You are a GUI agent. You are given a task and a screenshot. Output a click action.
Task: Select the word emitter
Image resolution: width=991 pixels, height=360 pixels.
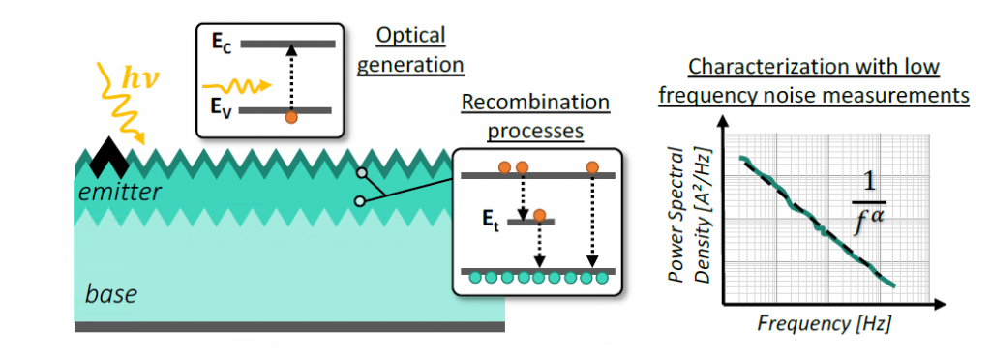pyautogui.click(x=120, y=193)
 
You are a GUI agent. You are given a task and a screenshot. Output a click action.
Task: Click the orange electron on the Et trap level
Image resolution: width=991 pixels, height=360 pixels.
pyautogui.click(x=540, y=215)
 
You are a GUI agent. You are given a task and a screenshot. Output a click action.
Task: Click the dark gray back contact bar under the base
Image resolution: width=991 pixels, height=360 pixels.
pyautogui.click(x=289, y=327)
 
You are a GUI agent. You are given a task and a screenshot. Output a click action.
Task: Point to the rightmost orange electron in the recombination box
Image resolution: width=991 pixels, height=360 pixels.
pyautogui.click(x=592, y=168)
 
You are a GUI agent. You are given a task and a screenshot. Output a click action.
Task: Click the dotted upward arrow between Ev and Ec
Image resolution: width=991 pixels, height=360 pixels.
pyautogui.click(x=291, y=77)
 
